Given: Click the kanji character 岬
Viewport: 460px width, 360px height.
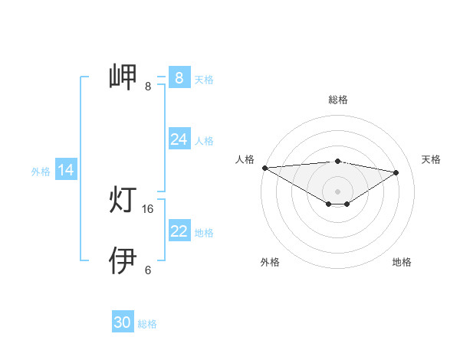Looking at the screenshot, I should click(123, 77).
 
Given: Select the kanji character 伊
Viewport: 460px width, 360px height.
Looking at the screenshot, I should click(123, 260).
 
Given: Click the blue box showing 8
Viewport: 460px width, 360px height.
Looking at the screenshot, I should click(179, 77).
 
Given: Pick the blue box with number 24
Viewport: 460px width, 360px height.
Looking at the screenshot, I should click(179, 139).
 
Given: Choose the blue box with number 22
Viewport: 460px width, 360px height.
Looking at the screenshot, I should click(179, 231).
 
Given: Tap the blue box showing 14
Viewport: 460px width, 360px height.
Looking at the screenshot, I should click(66, 170).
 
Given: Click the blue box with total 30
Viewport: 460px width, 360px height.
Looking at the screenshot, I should click(123, 322).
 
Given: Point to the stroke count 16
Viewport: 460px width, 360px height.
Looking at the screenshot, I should click(149, 208).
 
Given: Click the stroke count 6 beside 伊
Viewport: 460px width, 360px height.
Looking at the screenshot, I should click(148, 270).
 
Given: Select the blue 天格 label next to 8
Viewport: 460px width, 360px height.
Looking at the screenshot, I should click(204, 79).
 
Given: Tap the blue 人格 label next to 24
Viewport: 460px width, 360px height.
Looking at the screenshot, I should click(204, 141).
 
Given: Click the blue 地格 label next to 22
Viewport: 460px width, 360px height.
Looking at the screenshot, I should click(204, 233).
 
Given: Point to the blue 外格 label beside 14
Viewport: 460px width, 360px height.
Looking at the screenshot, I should click(41, 172).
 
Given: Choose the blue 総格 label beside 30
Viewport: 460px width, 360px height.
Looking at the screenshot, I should click(147, 325).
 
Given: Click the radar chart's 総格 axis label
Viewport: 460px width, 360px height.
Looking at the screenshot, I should click(337, 100).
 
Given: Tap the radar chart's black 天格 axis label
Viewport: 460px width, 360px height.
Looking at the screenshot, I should click(432, 159).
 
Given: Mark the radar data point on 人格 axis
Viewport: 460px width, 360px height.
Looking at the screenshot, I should click(264, 167).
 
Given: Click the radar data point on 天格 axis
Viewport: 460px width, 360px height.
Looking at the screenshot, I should click(396, 172).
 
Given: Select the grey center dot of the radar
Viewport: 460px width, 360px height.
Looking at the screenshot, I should click(337, 191).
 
